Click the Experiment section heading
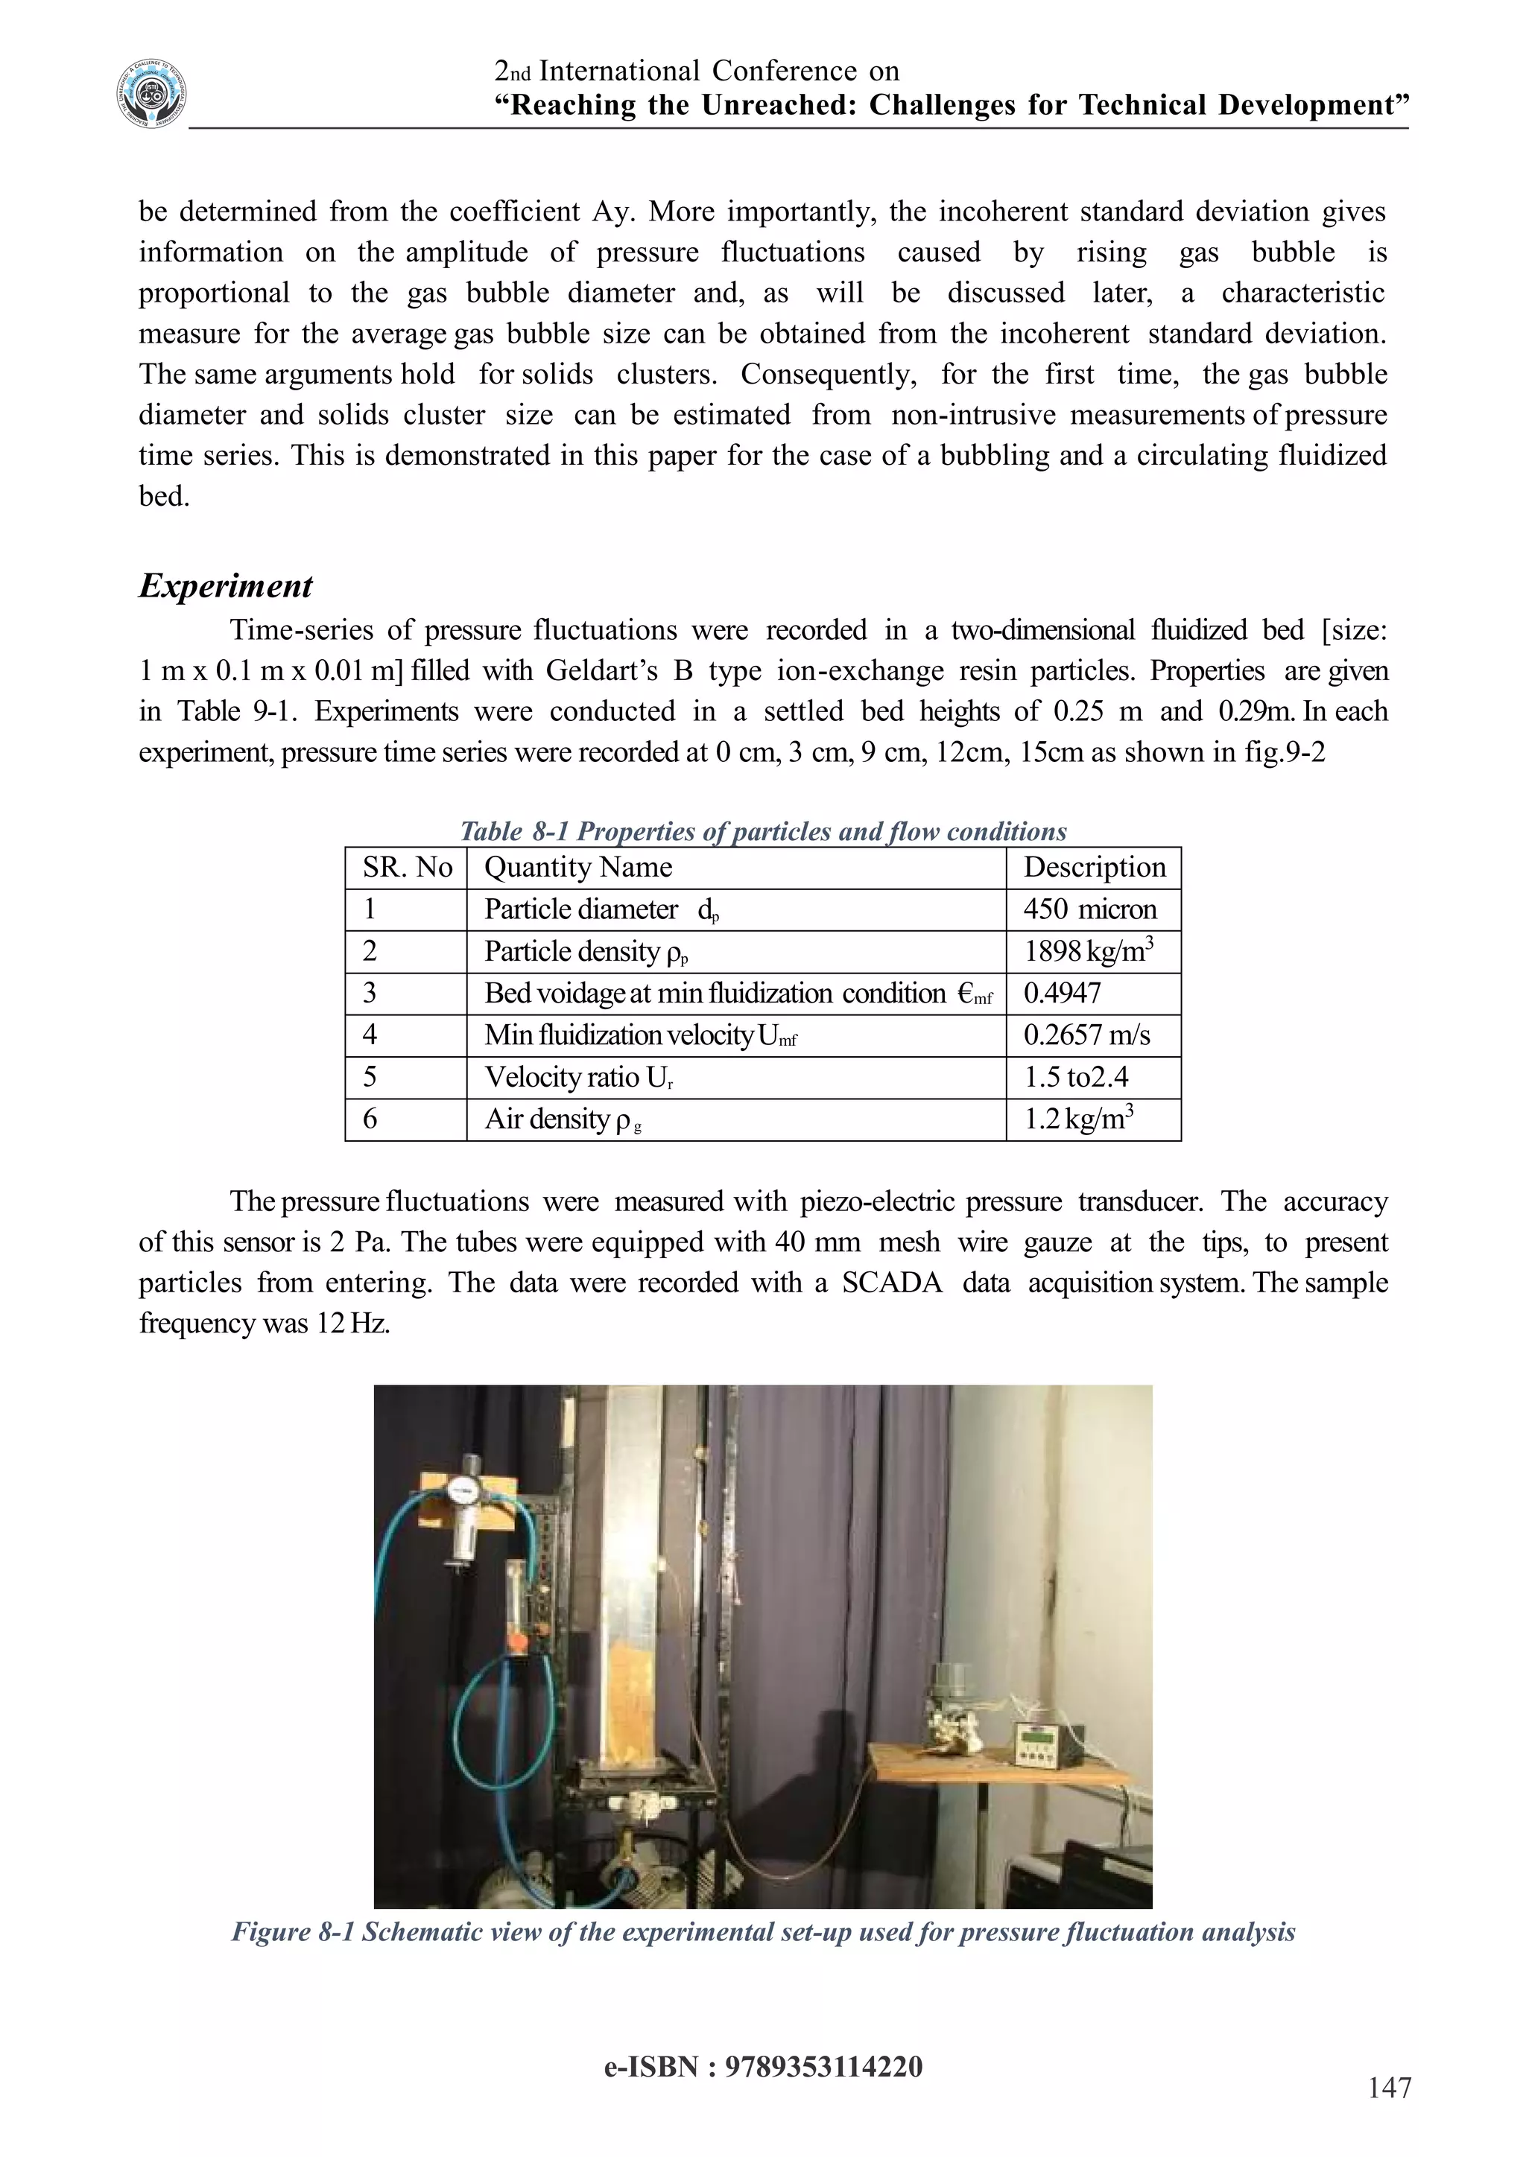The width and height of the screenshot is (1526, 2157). (x=226, y=586)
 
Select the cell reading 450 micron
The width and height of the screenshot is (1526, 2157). (x=1089, y=909)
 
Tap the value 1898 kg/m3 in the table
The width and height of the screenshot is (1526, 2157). (x=1087, y=952)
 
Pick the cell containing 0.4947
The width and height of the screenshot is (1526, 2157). (x=1062, y=993)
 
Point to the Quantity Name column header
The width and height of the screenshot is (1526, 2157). (x=578, y=867)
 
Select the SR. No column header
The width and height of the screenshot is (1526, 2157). (x=407, y=867)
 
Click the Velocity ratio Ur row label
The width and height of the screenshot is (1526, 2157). (x=578, y=1078)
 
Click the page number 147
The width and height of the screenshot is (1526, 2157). (x=1389, y=2088)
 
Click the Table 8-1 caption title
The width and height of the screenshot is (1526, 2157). (x=763, y=831)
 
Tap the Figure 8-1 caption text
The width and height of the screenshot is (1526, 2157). (x=763, y=1933)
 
